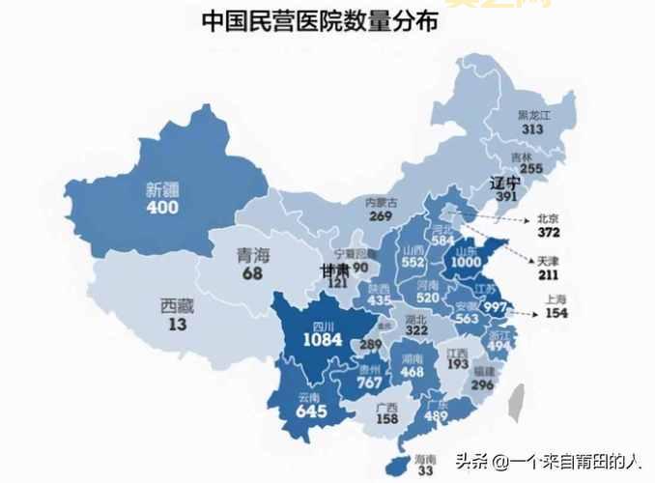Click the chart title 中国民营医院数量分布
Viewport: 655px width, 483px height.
pos(318,20)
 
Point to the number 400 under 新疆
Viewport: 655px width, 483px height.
pos(162,208)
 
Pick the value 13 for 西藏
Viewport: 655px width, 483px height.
pos(178,326)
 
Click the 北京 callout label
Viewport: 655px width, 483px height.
pos(549,218)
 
